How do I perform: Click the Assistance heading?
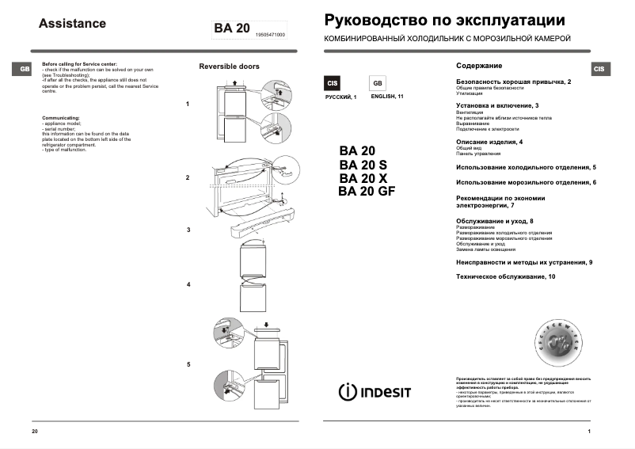pos(72,24)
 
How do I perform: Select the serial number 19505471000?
pos(271,36)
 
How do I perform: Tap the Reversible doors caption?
pos(229,67)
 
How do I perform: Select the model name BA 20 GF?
pos(366,191)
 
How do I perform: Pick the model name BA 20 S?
pos(363,165)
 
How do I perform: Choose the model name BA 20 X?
pos(363,178)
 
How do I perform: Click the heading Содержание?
pos(479,66)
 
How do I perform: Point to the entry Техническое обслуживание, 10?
pos(506,276)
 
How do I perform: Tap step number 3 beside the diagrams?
pos(188,230)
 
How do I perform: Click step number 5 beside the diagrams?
pos(188,364)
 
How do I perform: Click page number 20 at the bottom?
pos(34,431)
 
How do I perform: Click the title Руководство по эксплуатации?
pos(445,20)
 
